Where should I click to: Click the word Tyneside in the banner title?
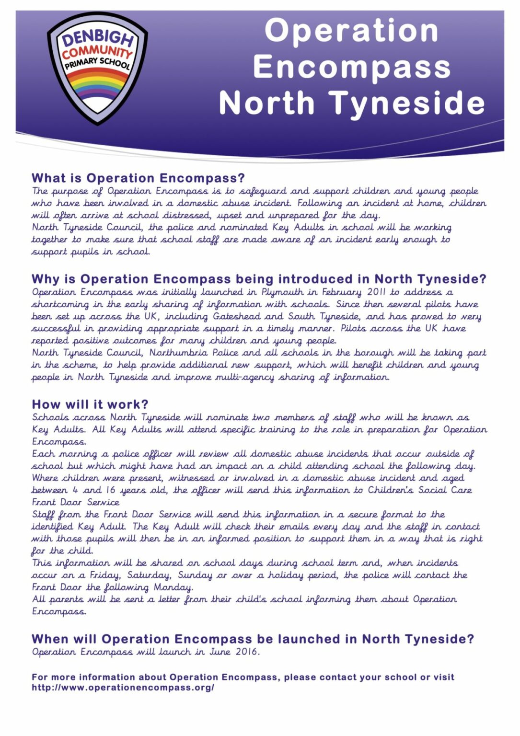click(407, 103)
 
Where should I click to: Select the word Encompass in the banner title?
click(352, 67)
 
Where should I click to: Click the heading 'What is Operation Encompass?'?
click(138, 178)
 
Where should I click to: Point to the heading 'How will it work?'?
click(90, 404)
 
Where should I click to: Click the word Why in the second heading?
click(44, 279)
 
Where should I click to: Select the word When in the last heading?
click(50, 639)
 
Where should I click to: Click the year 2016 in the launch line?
click(247, 652)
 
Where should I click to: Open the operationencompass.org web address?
click(123, 688)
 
